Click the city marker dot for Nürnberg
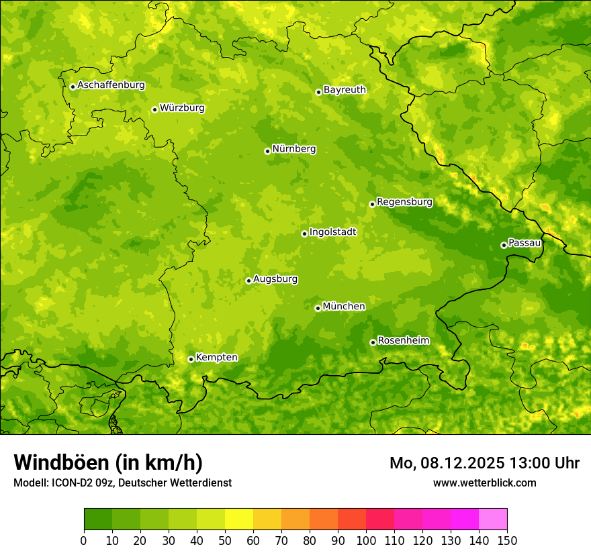point(267,151)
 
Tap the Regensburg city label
point(404,202)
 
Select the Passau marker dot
point(504,245)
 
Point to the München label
point(344,307)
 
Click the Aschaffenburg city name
point(111,85)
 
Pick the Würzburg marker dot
point(154,109)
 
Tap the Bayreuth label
point(345,90)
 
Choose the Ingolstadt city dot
point(304,234)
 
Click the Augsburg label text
point(275,279)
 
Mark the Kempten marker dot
point(191,359)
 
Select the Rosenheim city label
point(403,341)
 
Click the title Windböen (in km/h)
point(108,463)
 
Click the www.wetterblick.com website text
point(484,483)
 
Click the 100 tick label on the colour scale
point(366,540)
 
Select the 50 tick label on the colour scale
point(225,540)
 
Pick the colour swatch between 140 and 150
point(493,519)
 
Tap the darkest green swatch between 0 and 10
point(98,519)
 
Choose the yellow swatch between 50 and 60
point(239,519)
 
